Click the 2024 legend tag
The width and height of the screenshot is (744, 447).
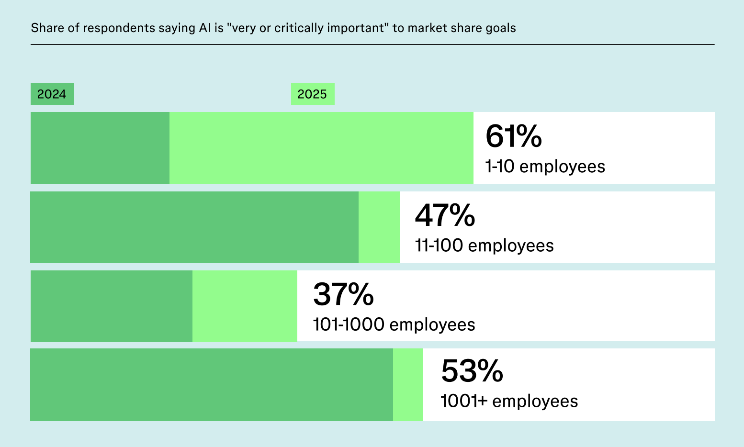pyautogui.click(x=52, y=94)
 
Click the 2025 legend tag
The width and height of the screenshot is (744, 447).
pyautogui.click(x=313, y=94)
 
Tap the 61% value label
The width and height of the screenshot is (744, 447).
pyautogui.click(x=513, y=136)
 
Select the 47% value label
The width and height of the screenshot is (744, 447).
pyautogui.click(x=445, y=215)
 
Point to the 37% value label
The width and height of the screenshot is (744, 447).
pyautogui.click(x=343, y=294)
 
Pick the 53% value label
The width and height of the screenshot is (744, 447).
pyautogui.click(x=472, y=370)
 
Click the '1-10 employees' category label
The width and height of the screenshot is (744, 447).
pyautogui.click(x=545, y=167)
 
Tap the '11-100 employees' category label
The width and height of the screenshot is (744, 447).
pyautogui.click(x=484, y=246)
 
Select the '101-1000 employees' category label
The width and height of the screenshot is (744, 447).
pyautogui.click(x=394, y=324)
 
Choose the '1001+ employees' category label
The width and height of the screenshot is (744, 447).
pyautogui.click(x=509, y=401)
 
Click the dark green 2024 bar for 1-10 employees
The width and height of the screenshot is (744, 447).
pyautogui.click(x=100, y=148)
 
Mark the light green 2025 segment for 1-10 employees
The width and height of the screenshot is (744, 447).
pyautogui.click(x=321, y=148)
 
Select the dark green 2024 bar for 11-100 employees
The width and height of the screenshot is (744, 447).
pyautogui.click(x=194, y=227)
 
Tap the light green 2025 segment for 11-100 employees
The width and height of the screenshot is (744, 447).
pyautogui.click(x=379, y=227)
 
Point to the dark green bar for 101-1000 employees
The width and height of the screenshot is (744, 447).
pyautogui.click(x=112, y=306)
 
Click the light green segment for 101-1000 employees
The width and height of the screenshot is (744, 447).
pyautogui.click(x=245, y=306)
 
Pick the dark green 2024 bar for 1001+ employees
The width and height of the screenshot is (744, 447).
pyautogui.click(x=212, y=385)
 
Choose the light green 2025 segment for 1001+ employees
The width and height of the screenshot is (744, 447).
pyautogui.click(x=408, y=385)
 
